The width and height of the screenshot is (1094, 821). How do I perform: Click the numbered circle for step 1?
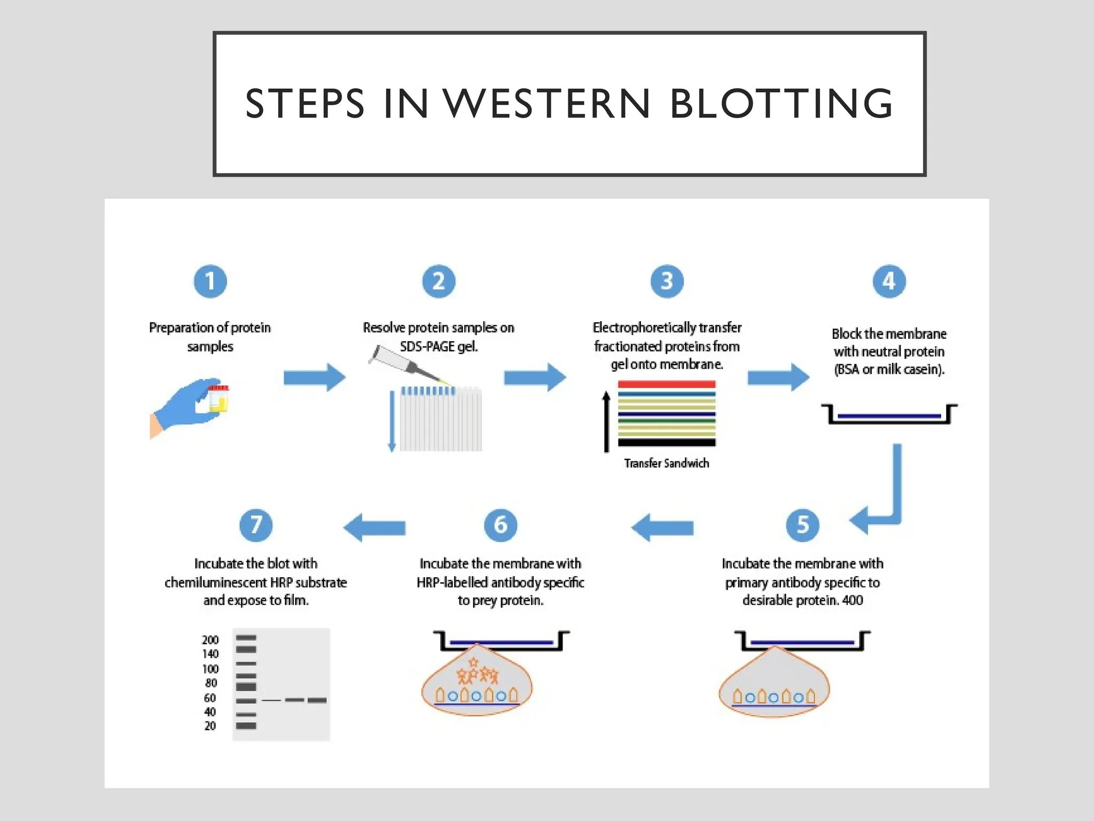pos(210,281)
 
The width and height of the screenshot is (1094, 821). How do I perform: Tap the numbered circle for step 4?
pos(889,281)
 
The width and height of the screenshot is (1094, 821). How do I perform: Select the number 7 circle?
pos(256,525)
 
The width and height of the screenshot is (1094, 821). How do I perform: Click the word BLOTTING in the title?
pos(781,103)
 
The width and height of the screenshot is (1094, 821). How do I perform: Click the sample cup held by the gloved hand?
pos(218,398)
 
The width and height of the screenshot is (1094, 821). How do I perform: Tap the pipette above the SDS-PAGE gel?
pos(406,363)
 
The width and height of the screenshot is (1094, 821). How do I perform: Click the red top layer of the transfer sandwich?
pos(666,384)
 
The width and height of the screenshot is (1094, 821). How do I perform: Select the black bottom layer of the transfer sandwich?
pos(666,443)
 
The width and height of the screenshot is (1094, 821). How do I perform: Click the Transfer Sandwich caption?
pos(666,463)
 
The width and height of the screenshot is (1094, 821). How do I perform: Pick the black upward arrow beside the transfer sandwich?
pos(606,422)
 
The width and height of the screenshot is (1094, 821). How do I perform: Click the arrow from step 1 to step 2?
pos(314,377)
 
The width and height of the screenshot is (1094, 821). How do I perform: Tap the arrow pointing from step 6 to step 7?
pos(374,528)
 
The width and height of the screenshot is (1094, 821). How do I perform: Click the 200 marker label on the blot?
pos(210,640)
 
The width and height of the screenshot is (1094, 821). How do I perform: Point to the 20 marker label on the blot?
pos(210,726)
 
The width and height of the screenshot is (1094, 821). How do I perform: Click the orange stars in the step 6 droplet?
pos(477,673)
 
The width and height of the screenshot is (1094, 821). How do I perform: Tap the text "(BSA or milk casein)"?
pos(889,369)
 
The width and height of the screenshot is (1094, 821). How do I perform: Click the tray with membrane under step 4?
pos(889,415)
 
